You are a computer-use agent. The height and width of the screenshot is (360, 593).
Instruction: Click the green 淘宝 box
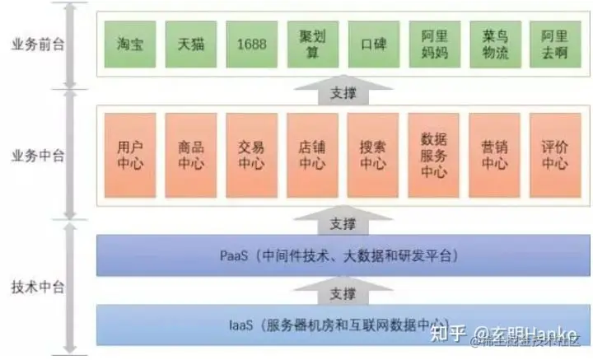[130, 44]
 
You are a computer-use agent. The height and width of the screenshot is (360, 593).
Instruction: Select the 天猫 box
[190, 44]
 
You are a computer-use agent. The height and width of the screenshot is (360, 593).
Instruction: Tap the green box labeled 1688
[250, 44]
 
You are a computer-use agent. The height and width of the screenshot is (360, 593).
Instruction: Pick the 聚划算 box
[311, 44]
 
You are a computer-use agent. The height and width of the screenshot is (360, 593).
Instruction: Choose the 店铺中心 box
[311, 156]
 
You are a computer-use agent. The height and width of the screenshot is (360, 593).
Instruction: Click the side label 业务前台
[34, 44]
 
